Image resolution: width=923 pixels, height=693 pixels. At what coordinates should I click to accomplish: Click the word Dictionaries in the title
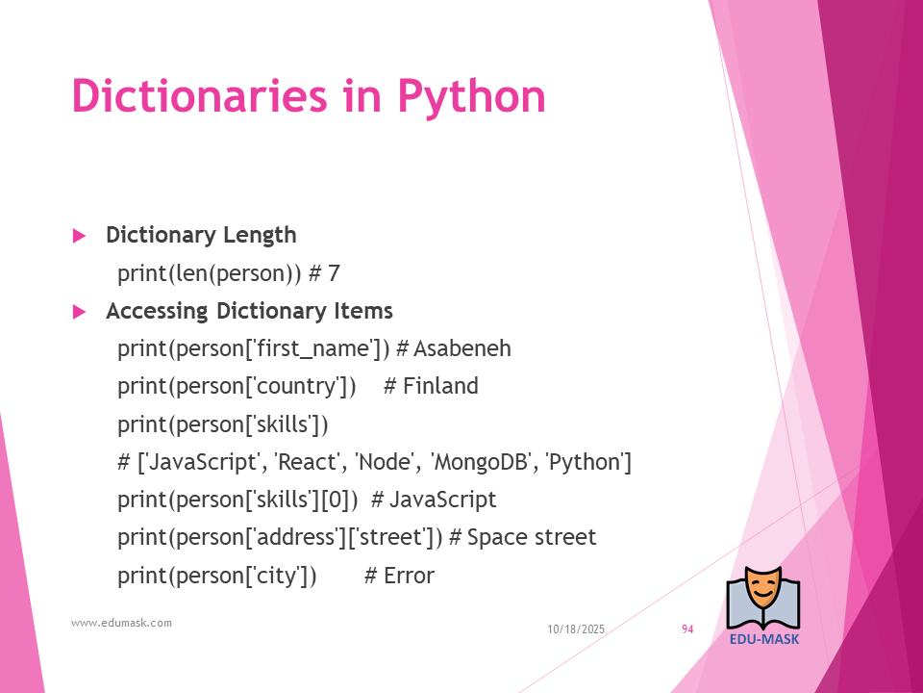(199, 95)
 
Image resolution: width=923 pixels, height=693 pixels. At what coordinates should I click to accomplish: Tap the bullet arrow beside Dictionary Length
(79, 237)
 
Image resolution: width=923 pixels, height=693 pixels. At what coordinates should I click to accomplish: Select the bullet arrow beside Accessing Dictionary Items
(79, 312)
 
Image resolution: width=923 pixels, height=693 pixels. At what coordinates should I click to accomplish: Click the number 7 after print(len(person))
(334, 273)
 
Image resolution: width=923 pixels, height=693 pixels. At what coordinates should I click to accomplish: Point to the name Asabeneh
(462, 348)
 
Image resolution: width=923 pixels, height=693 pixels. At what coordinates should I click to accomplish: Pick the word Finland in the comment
(440, 386)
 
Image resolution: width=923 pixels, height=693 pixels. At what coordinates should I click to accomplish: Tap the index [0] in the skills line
(335, 500)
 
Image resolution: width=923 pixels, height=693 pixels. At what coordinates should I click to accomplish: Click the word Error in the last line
(410, 576)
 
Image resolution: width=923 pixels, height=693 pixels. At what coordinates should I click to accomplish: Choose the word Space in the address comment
(493, 538)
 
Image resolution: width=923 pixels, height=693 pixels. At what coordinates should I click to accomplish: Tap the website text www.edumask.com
(121, 623)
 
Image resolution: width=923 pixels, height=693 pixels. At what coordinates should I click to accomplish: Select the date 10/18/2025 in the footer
(576, 629)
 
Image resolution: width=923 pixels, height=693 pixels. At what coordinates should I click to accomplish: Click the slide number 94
(687, 629)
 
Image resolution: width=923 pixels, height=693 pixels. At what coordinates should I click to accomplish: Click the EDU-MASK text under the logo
(764, 639)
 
